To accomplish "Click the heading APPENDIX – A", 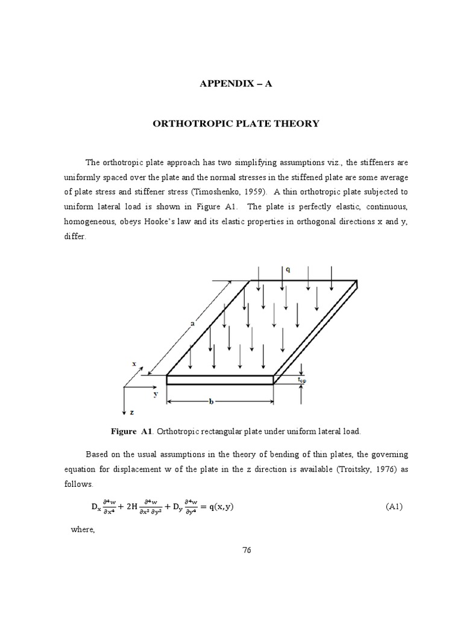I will (236, 84).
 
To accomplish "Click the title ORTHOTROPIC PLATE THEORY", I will (236, 124).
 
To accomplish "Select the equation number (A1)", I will (394, 507).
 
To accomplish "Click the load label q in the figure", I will (288, 270).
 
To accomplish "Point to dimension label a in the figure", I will (193, 324).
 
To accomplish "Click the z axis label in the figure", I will (133, 413).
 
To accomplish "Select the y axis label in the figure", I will (155, 395).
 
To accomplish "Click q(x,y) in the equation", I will (217, 506).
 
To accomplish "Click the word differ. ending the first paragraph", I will (75, 236).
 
